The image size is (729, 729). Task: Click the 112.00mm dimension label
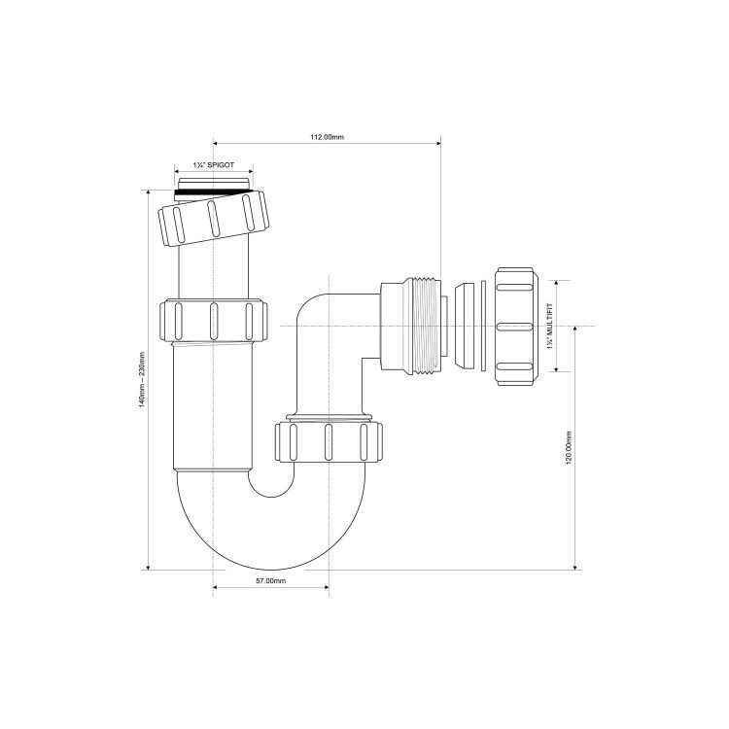[327, 138]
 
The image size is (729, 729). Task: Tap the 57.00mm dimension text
[270, 580]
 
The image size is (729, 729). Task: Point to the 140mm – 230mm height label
[142, 379]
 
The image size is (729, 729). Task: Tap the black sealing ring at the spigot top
[216, 193]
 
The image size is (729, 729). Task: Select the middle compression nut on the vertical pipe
[211, 320]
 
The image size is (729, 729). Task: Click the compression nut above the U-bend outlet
[329, 439]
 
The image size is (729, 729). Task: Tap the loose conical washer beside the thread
[467, 327]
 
